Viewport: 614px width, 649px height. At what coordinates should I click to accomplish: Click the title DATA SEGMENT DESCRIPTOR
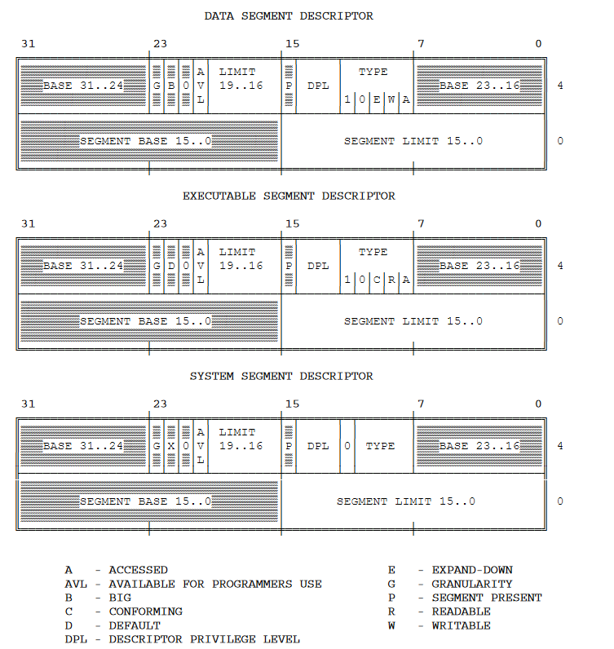(289, 16)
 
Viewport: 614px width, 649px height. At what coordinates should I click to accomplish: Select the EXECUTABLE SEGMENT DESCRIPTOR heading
(289, 196)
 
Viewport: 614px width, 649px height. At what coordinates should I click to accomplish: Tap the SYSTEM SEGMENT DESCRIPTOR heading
(281, 377)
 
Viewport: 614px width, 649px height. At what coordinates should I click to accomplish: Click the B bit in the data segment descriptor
(171, 86)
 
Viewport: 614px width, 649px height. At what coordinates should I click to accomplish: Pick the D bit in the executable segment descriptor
(171, 266)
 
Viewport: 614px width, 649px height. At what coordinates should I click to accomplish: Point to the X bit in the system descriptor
(171, 446)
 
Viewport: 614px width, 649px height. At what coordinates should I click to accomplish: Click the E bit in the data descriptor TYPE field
(377, 99)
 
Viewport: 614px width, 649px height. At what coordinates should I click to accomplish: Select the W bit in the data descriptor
(391, 99)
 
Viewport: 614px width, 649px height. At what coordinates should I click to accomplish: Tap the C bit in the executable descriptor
(377, 280)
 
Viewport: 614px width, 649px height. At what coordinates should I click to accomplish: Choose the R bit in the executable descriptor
(391, 280)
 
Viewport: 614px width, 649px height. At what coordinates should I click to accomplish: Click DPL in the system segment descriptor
(318, 446)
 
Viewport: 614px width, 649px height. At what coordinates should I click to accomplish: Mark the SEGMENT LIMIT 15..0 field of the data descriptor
(413, 141)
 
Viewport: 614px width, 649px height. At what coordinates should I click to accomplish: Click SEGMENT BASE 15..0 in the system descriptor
(146, 501)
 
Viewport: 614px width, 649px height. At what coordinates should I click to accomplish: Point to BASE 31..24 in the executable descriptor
(83, 266)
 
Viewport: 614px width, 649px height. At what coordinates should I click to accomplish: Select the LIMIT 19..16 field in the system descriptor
(241, 439)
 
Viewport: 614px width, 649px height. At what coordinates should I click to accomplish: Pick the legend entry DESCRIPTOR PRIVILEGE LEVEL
(204, 639)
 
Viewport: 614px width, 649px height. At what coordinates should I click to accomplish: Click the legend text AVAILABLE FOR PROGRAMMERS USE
(215, 584)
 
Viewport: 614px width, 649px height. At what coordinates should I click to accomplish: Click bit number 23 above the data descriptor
(160, 43)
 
